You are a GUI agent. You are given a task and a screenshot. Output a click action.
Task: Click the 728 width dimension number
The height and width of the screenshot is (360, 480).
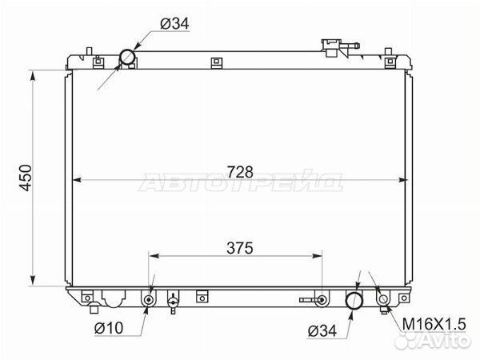(240, 172)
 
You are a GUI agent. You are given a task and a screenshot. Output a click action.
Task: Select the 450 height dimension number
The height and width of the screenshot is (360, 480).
(26, 178)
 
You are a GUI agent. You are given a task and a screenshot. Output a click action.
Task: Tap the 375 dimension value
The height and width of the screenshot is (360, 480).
(240, 248)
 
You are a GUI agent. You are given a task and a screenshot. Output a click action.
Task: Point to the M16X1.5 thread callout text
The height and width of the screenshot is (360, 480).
(434, 324)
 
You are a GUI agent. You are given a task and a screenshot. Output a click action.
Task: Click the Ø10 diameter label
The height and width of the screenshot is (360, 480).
(109, 328)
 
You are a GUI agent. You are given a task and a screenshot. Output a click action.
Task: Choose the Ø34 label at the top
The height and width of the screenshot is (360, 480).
(174, 23)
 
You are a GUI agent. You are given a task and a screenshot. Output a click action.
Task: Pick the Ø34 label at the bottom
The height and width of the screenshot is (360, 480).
(322, 331)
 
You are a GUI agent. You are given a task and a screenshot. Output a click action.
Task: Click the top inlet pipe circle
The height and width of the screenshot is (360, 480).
(127, 57)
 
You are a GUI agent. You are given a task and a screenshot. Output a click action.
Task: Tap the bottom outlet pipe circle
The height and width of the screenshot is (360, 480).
(354, 300)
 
